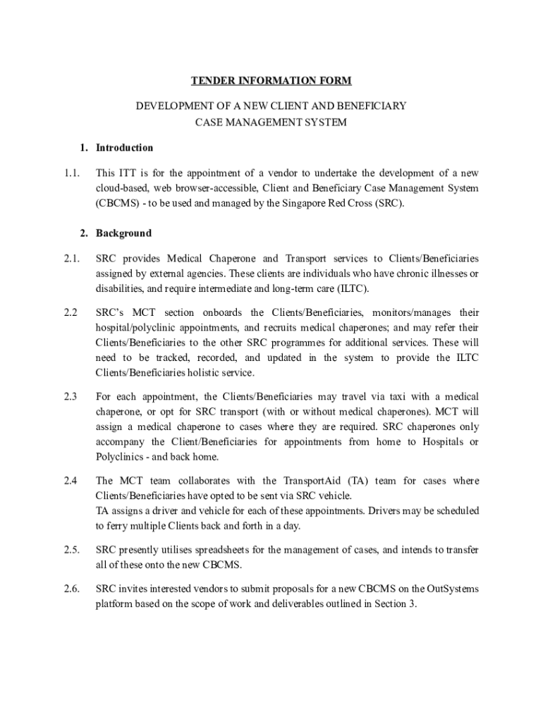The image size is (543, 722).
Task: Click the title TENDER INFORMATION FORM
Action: (x=271, y=81)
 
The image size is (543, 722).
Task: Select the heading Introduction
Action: (x=124, y=148)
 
